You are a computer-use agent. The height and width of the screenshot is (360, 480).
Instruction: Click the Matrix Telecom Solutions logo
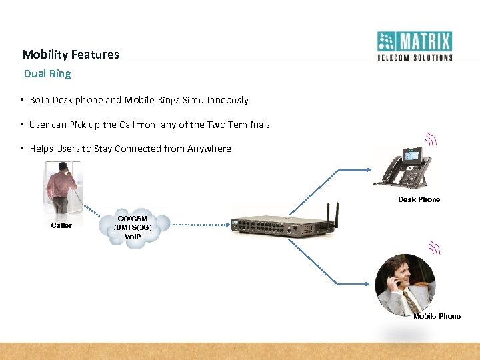pos(415,45)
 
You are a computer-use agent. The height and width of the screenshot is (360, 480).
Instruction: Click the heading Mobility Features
pos(71,55)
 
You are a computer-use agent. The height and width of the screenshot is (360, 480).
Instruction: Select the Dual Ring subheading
pos(47,73)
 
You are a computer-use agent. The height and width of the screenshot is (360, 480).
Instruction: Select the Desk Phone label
pos(419,199)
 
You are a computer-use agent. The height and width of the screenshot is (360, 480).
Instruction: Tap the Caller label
pos(61,225)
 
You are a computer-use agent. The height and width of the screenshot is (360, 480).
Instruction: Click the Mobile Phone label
pos(437,316)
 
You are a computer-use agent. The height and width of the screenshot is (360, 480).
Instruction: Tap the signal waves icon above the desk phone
pos(431,139)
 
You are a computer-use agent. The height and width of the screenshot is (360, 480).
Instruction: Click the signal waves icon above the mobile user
pos(434,249)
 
